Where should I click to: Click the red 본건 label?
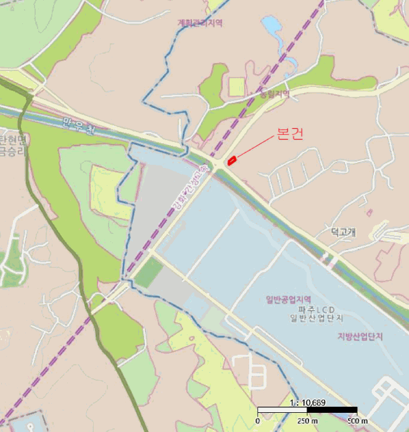(290, 135)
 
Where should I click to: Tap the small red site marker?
(232, 160)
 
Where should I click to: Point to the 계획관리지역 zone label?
(200, 23)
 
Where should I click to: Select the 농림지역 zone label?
(274, 94)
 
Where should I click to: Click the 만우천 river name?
(80, 127)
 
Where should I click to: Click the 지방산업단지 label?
(360, 336)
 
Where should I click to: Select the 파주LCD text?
(316, 309)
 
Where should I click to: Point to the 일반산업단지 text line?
(316, 318)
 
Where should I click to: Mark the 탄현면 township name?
(12, 139)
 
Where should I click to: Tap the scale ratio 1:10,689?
(307, 403)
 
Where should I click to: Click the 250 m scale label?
(307, 421)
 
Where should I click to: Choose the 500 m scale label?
(357, 421)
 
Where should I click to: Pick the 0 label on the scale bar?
(258, 421)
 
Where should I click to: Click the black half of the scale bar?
(332, 410)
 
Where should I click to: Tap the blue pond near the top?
(272, 27)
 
